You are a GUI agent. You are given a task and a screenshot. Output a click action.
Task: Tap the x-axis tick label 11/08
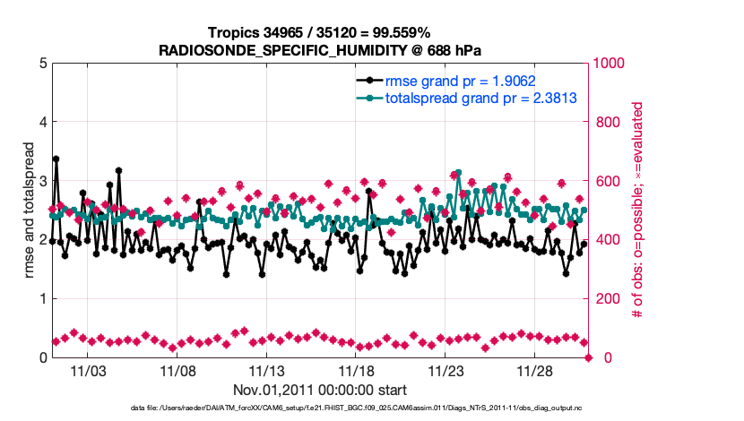pos(177,370)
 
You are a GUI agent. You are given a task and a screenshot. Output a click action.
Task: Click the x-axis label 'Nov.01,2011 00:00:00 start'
pos(320,390)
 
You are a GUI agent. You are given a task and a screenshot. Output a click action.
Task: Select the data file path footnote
pos(319,408)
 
